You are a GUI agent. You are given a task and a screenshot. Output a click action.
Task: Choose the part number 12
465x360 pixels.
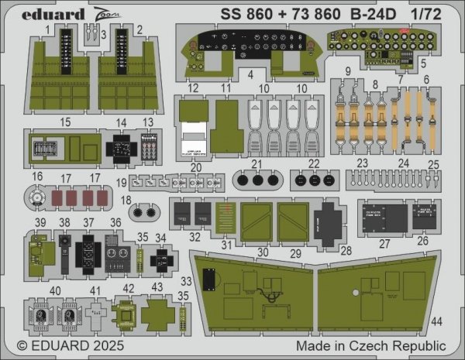[195, 89]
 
